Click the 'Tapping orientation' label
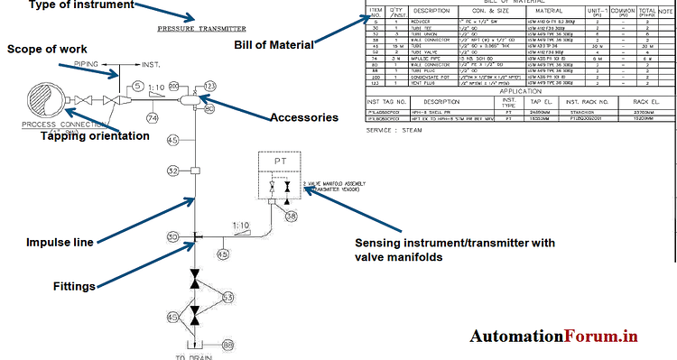click(95, 136)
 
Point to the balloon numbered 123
click(210, 86)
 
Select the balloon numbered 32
click(172, 170)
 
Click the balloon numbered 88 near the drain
click(227, 345)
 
